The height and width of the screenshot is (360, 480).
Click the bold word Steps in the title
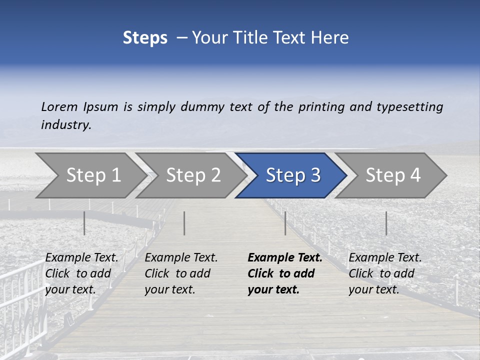145,38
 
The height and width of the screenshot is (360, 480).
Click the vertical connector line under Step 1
84,223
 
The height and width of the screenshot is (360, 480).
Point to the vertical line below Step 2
184,223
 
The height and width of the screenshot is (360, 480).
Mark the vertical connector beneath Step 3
285,223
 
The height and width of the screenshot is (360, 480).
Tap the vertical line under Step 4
386,223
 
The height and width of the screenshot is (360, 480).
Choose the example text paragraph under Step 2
181,273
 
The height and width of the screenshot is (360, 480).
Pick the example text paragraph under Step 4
385,273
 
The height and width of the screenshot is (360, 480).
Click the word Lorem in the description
59,106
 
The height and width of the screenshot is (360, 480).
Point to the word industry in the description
66,124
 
